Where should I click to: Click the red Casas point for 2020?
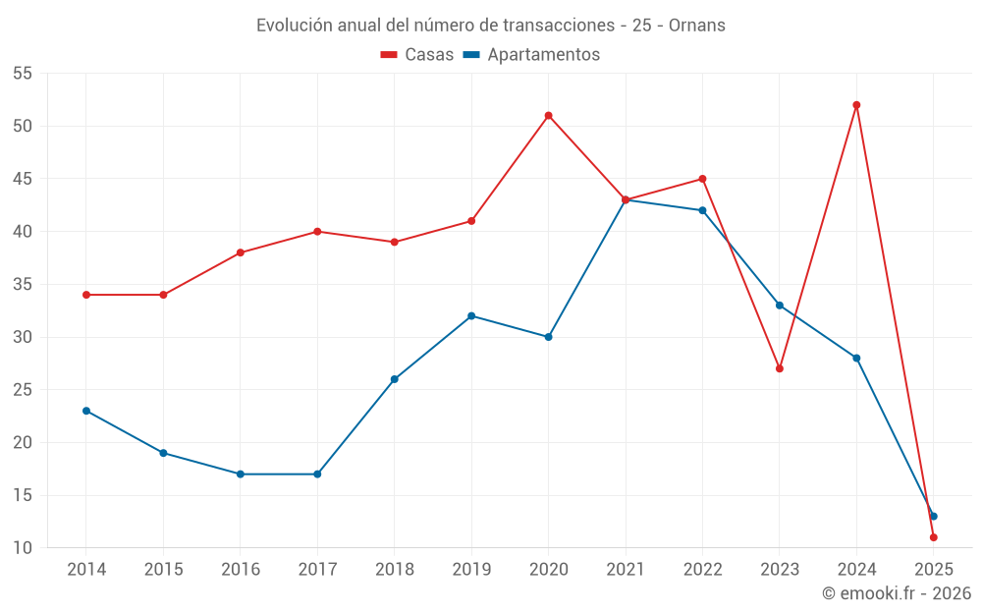(548, 116)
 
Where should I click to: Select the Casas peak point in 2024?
(856, 105)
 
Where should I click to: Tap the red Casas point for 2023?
(780, 368)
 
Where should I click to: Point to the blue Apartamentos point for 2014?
(86, 411)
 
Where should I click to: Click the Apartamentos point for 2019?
(471, 315)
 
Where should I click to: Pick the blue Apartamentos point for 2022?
(702, 210)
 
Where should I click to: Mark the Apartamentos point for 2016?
(241, 474)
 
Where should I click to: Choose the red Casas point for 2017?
(317, 232)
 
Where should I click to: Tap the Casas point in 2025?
(934, 537)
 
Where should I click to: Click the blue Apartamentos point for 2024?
(856, 358)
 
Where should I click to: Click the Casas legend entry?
(417, 55)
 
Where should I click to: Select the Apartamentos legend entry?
(531, 55)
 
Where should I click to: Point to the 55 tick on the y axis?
(22, 74)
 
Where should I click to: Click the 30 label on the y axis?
(22, 337)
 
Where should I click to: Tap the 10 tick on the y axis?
(22, 548)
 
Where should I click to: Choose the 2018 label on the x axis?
(394, 570)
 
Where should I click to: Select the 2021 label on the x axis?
(626, 570)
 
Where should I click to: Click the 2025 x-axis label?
(934, 570)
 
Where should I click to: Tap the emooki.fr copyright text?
(897, 593)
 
